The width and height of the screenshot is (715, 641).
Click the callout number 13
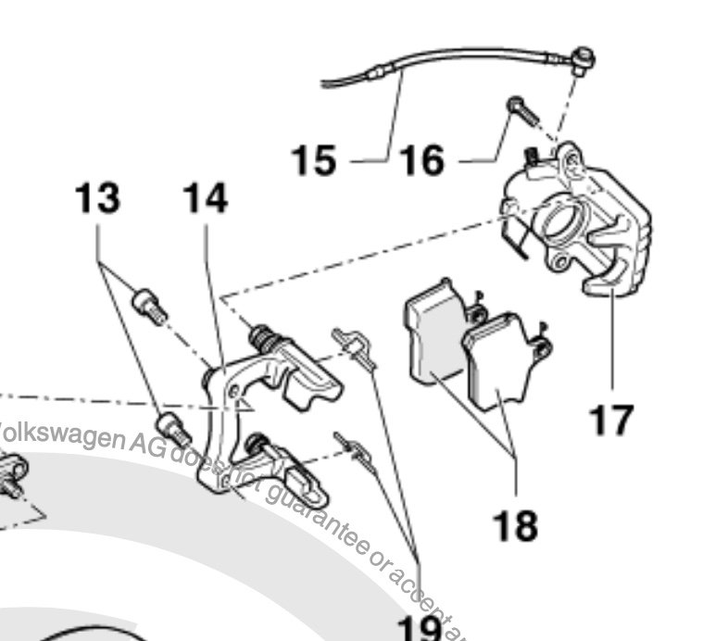tap(97, 197)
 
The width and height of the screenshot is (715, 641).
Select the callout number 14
tap(205, 197)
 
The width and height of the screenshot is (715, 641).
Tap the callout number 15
tap(314, 160)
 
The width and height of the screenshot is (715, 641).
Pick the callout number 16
tap(422, 160)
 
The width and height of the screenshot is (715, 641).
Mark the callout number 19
tap(418, 628)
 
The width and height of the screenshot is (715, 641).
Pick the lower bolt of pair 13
tap(174, 428)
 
